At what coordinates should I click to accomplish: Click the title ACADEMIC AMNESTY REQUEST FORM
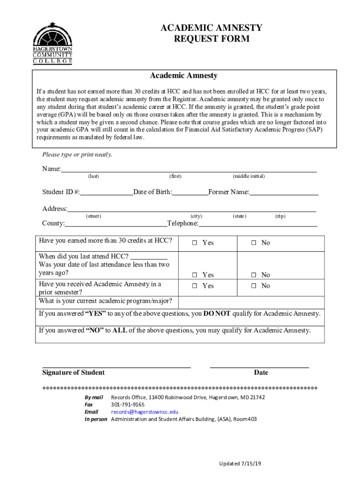click(211, 33)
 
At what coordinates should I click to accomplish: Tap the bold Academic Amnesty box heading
click(183, 76)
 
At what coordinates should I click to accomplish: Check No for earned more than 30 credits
click(254, 243)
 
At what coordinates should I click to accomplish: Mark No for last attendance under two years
click(254, 275)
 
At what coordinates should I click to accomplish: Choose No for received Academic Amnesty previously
click(254, 286)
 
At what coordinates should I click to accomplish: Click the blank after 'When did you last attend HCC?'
click(149, 256)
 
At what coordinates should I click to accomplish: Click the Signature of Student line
click(116, 366)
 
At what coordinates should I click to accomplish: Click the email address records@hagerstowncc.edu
click(144, 412)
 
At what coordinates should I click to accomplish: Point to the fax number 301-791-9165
click(128, 404)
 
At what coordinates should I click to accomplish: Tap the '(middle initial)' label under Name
click(248, 176)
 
